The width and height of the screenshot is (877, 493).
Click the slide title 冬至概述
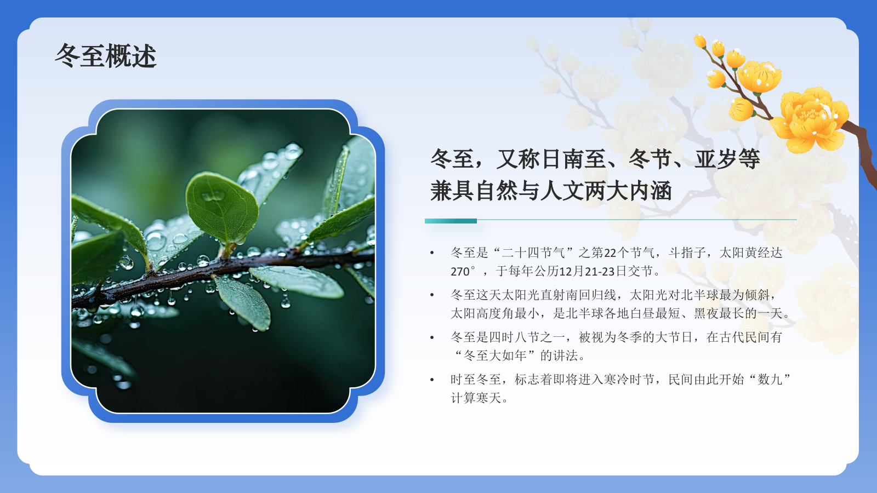pos(106,56)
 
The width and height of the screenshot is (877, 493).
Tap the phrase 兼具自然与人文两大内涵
pos(550,191)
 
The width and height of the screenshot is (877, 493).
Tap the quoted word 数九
pos(770,380)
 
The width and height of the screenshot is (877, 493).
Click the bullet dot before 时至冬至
pos(432,380)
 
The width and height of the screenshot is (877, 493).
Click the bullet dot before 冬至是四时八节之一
pos(432,337)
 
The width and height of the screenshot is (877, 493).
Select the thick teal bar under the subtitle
pos(451,221)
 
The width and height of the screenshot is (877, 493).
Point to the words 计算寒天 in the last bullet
pos(476,398)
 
